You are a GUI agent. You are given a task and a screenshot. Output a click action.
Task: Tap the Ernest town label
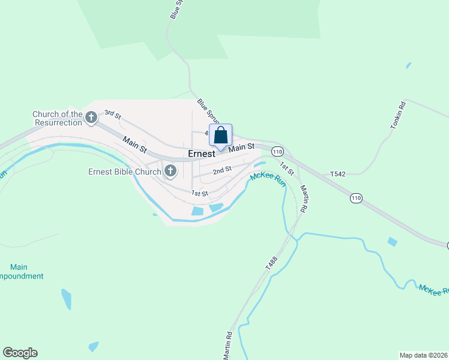pyautogui.click(x=201, y=154)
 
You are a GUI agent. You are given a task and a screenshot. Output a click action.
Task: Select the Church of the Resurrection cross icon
pyautogui.click(x=91, y=118)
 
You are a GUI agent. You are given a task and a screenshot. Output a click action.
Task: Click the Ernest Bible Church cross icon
pyautogui.click(x=170, y=172)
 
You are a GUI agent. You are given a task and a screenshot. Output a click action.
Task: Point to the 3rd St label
pyautogui.click(x=113, y=113)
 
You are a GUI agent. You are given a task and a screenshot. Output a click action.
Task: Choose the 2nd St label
pyautogui.click(x=223, y=170)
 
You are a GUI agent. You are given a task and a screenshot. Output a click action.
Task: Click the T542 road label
pyautogui.click(x=338, y=174)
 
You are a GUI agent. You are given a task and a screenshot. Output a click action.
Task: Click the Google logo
pyautogui.click(x=20, y=353)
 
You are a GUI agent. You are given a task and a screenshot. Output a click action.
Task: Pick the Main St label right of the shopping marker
pyautogui.click(x=243, y=147)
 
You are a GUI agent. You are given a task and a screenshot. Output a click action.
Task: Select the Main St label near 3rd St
pyautogui.click(x=134, y=145)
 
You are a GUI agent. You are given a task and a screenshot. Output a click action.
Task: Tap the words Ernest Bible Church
pyautogui.click(x=125, y=172)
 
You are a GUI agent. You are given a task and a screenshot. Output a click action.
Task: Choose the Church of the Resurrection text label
pyautogui.click(x=57, y=118)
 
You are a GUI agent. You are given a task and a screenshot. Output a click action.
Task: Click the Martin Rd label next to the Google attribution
pyautogui.click(x=228, y=347)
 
